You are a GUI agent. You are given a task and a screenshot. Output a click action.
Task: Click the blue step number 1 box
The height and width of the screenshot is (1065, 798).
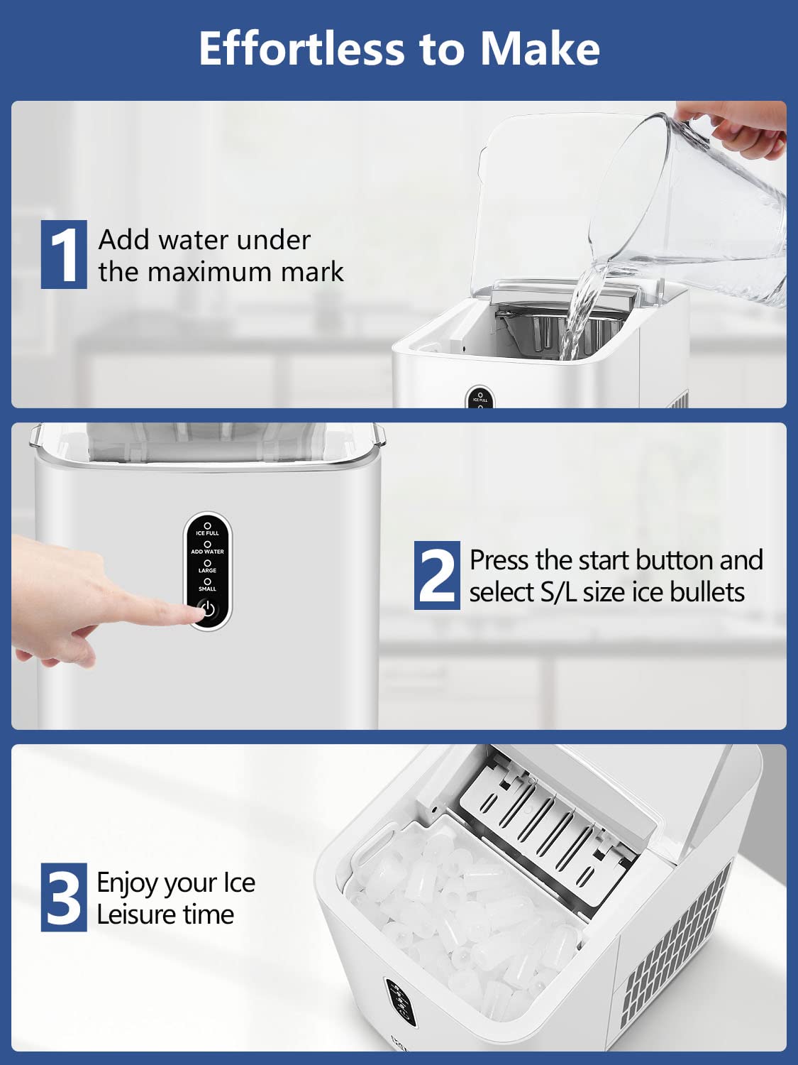64,254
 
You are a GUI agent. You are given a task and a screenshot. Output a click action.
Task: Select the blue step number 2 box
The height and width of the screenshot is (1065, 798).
437,576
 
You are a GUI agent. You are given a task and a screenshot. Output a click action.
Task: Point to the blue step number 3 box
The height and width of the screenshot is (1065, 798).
64,897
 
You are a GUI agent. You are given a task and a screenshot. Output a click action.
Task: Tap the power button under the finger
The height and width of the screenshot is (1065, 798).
208,610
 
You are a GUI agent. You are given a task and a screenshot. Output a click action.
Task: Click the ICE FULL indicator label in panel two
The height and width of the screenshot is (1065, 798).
208,532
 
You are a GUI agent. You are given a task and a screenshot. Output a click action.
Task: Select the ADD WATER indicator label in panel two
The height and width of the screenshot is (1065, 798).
208,551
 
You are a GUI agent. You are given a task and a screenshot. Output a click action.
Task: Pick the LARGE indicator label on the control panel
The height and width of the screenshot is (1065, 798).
208,569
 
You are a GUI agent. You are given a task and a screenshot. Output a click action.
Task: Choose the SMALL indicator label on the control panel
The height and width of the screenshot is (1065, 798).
208,588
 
